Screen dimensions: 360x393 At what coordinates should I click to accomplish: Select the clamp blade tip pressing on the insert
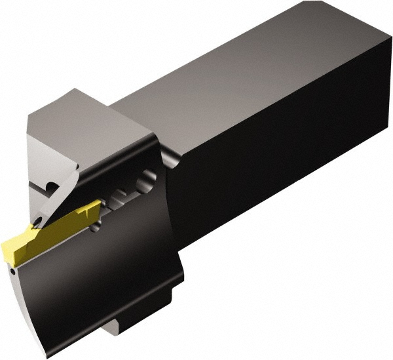point(41,216)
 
